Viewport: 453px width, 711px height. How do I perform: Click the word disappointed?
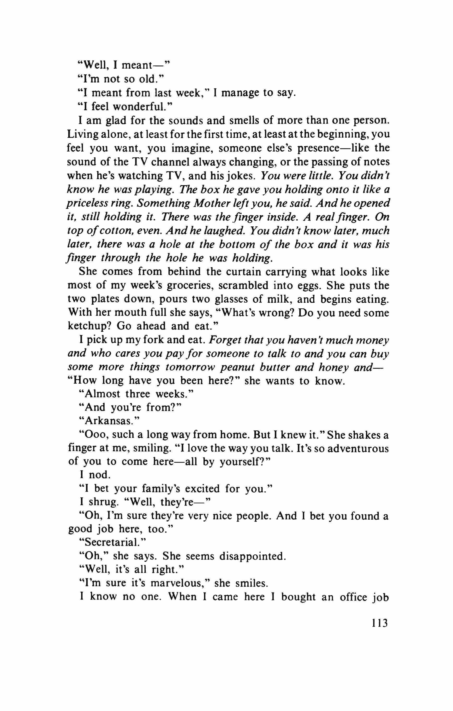pyautogui.click(x=253, y=556)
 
